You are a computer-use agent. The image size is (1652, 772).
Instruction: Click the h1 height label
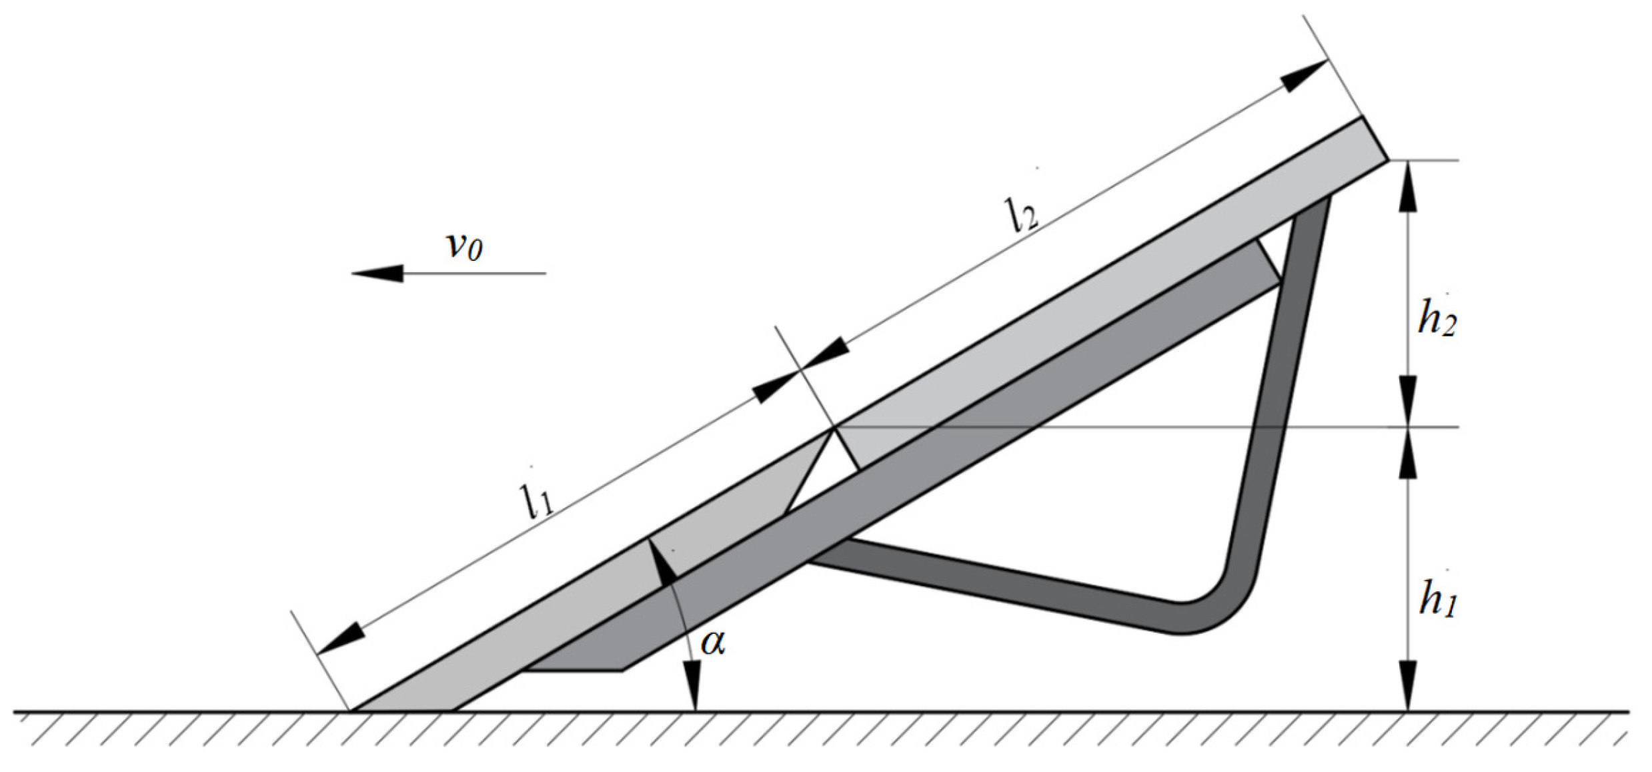click(x=1437, y=599)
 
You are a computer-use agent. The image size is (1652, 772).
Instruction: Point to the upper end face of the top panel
click(x=1374, y=139)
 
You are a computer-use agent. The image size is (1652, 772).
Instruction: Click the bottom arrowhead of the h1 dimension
click(x=1407, y=694)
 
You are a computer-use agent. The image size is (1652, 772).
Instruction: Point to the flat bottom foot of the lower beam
click(x=574, y=668)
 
